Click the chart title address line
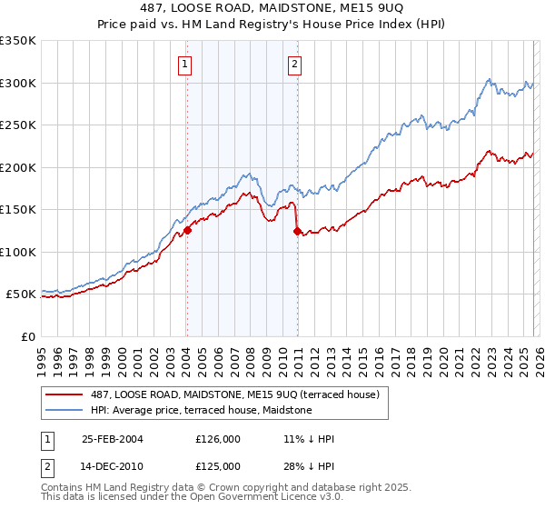[x=272, y=8]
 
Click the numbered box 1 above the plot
[x=185, y=64]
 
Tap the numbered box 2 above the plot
[x=296, y=64]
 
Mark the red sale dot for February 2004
[x=187, y=230]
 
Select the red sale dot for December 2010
[x=297, y=231]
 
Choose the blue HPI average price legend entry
[x=201, y=410]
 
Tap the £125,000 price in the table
[x=217, y=466]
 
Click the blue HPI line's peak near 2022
[x=489, y=79]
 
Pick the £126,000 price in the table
[x=217, y=439]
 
